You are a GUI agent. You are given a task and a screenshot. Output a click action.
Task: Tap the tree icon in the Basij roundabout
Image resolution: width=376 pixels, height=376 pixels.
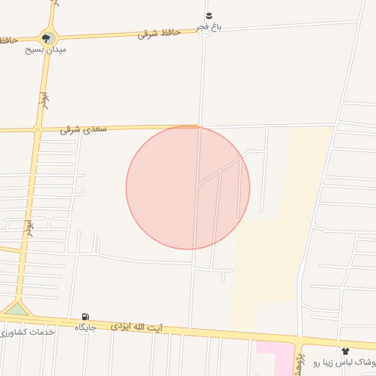pyautogui.click(x=48, y=37)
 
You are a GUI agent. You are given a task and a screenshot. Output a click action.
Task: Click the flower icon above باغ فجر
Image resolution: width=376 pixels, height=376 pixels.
pyautogui.click(x=209, y=15)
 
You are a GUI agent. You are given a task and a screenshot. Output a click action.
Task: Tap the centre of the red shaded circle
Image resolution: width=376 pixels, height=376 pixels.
pyautogui.click(x=188, y=187)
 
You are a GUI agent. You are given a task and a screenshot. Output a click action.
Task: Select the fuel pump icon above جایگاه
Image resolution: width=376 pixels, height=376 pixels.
pyautogui.click(x=86, y=317)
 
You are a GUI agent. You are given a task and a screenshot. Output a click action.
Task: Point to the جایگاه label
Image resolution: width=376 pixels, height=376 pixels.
pyautogui.click(x=86, y=327)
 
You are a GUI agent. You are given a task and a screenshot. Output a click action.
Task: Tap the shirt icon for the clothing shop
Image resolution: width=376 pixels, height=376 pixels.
pyautogui.click(x=345, y=352)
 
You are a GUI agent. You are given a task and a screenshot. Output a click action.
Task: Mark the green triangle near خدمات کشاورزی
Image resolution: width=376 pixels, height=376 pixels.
pyautogui.click(x=15, y=308)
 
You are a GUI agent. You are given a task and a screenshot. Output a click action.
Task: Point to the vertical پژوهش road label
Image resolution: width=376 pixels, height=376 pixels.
pyautogui.click(x=299, y=361)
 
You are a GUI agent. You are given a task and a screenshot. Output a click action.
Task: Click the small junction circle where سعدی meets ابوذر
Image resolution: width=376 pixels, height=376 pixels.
pyautogui.click(x=37, y=130)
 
